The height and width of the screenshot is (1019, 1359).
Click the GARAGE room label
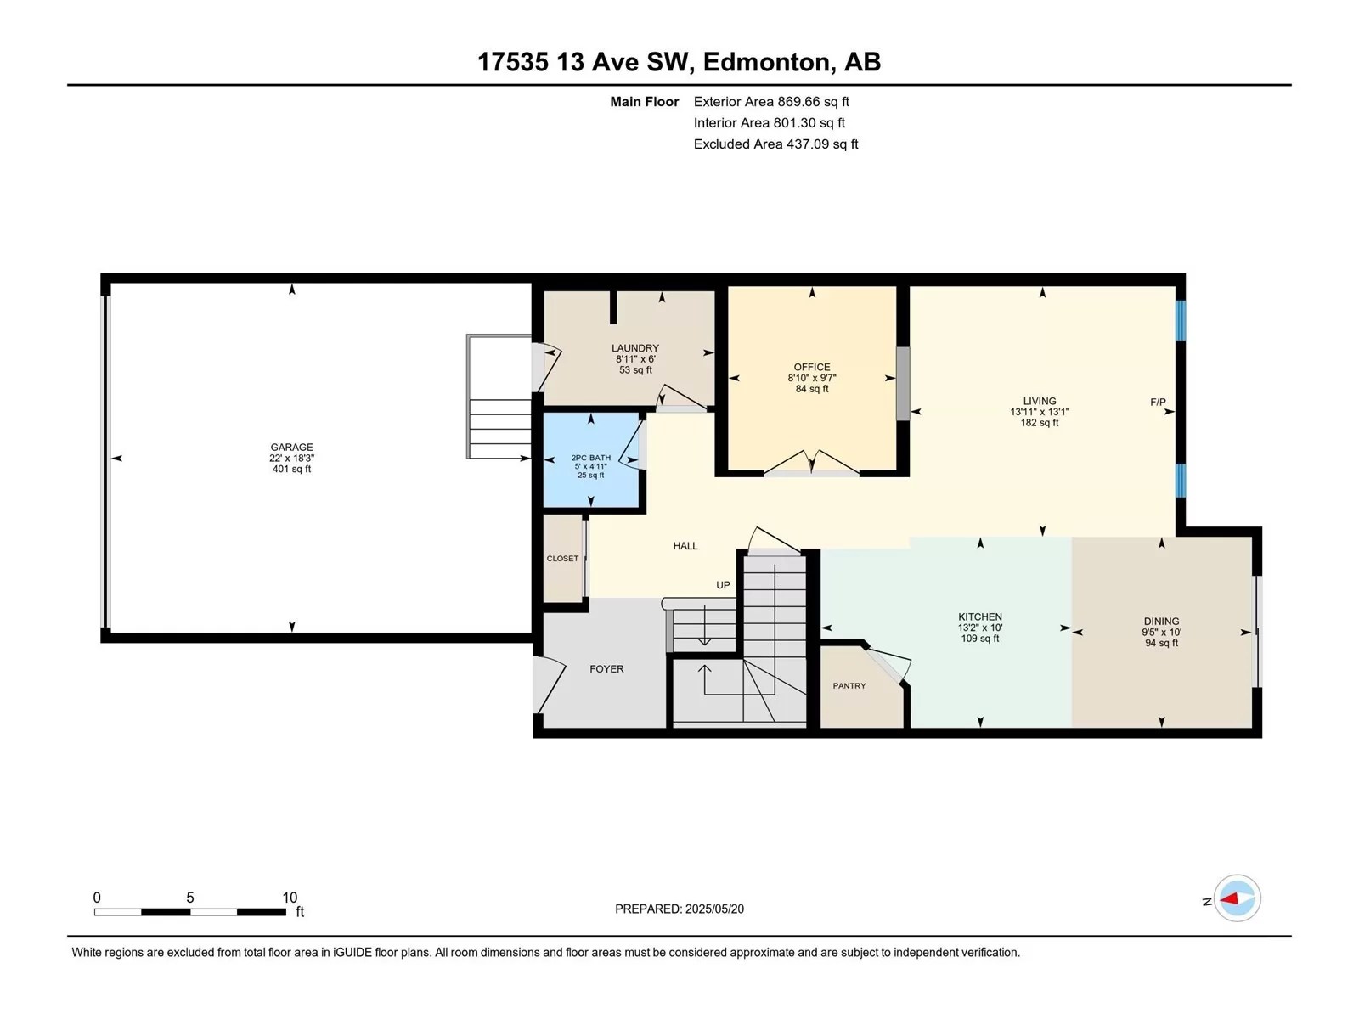(291, 447)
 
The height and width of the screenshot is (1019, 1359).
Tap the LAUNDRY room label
(635, 348)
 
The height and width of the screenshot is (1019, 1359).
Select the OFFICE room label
(812, 367)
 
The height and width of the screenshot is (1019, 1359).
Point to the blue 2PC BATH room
(591, 460)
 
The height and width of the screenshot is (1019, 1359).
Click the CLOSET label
(562, 558)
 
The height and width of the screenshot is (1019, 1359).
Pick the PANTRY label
(849, 685)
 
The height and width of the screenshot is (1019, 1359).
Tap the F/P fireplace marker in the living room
(1158, 403)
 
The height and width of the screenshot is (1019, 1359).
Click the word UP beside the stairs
(723, 585)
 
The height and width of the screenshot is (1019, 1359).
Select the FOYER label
(606, 669)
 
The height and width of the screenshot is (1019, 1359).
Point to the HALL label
(685, 546)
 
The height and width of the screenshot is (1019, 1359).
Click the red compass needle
(1229, 898)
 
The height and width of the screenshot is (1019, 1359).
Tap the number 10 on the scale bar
(290, 897)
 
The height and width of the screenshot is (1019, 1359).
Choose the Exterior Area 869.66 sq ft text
(771, 101)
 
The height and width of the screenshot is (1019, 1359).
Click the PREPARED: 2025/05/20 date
(679, 909)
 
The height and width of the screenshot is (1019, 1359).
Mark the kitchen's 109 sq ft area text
(980, 639)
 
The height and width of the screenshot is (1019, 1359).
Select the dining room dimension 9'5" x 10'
(1161, 633)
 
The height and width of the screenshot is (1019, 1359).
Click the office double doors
(812, 464)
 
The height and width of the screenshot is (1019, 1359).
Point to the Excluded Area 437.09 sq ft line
(775, 144)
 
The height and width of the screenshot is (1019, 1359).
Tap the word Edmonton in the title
(766, 62)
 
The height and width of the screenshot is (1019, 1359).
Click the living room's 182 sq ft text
(1040, 423)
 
